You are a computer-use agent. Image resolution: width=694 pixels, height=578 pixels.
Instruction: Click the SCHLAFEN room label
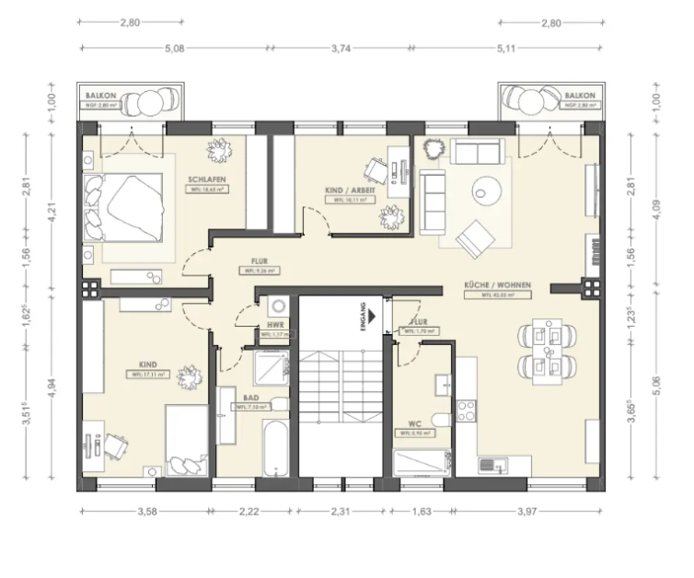[207, 179]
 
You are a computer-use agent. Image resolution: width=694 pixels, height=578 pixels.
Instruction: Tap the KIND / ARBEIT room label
[346, 191]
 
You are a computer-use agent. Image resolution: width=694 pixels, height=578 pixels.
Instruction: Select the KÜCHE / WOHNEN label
[498, 286]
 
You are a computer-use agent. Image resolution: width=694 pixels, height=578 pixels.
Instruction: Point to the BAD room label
[251, 398]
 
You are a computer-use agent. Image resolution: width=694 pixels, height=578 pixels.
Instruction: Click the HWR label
[273, 325]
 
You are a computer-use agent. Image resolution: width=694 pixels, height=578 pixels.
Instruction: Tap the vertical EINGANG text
[363, 316]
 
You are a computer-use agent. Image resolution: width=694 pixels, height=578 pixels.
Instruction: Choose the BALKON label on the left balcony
[98, 96]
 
